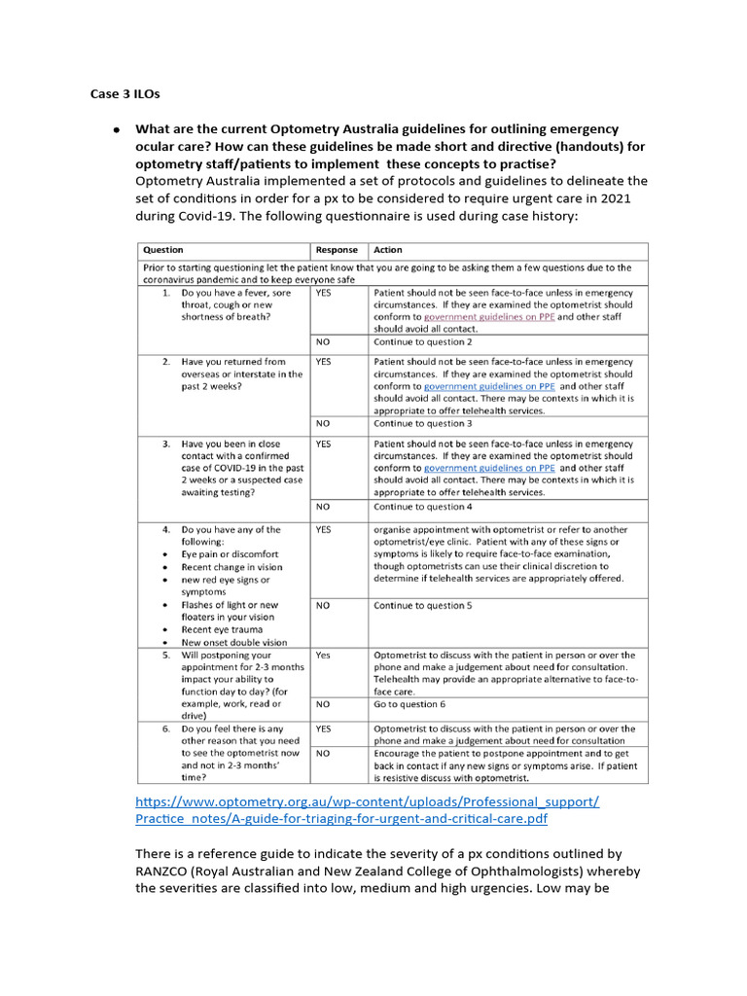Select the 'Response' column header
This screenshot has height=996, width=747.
(x=337, y=250)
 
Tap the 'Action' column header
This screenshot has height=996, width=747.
(x=388, y=250)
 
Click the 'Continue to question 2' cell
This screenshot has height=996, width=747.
(x=423, y=342)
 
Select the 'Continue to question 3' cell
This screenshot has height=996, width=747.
(x=423, y=424)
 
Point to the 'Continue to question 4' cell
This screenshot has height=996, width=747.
(x=423, y=507)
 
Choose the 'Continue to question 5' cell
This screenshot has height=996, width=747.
(x=423, y=605)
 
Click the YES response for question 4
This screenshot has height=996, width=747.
(x=324, y=530)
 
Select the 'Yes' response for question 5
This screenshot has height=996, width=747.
(x=323, y=656)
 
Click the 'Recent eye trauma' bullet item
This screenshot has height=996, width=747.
(x=225, y=629)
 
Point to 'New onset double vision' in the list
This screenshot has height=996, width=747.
(x=234, y=642)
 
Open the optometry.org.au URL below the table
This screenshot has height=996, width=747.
(x=368, y=810)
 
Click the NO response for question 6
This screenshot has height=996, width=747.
(x=323, y=753)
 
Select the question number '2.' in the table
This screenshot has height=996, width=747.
(x=166, y=362)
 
